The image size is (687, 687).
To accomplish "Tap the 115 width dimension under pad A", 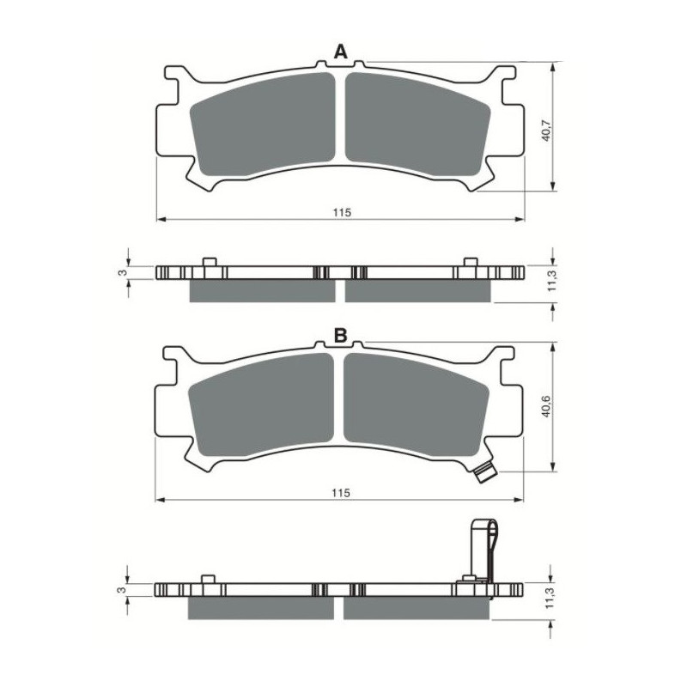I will coord(341,211).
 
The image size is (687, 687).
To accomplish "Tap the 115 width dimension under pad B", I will coord(340,493).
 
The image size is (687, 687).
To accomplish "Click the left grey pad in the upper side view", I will coord(262,291).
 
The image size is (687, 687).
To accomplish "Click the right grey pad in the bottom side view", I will coord(417,607).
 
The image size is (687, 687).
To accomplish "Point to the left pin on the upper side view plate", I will coord(208,262).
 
